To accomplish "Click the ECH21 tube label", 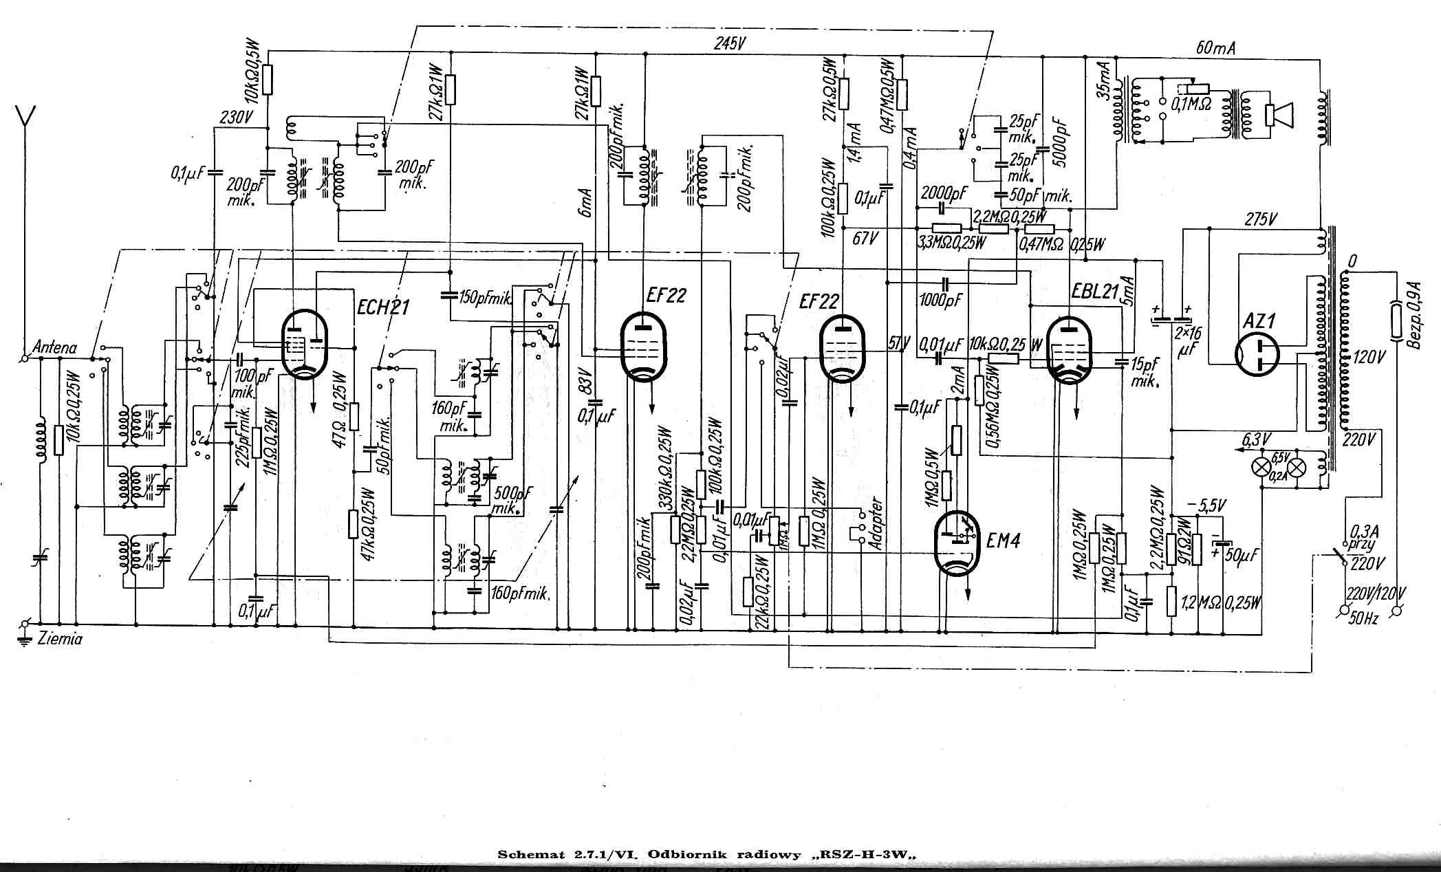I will tap(383, 307).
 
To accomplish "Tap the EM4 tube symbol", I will tap(957, 543).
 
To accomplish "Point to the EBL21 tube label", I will tap(1095, 292).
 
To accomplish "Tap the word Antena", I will tap(54, 348).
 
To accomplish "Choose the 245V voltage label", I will tap(730, 43).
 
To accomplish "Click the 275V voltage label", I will tap(1261, 219).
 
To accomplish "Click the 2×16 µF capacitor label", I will tap(1188, 342).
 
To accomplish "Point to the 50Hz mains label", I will tap(1363, 618).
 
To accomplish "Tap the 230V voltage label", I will tap(235, 118).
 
